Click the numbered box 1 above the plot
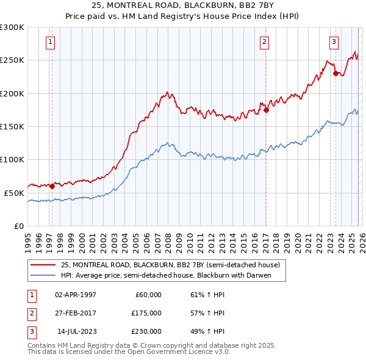point(49,42)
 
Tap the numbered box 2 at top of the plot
point(264,42)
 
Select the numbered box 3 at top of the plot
point(334,42)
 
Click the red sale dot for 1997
point(52,186)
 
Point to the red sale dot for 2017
point(266,110)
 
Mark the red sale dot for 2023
point(335,74)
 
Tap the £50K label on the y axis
point(15,193)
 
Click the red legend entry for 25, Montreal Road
point(170,265)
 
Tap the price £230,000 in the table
point(146,331)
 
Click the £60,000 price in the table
point(148,295)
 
